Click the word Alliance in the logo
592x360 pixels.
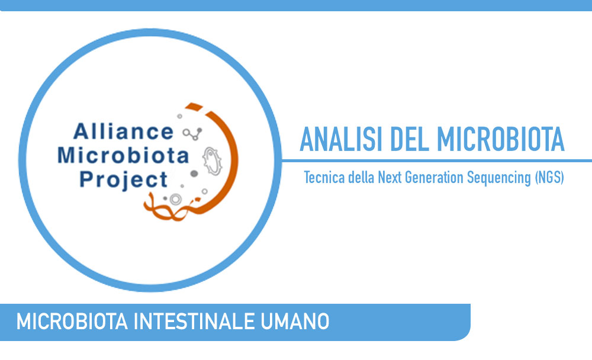pos(124,131)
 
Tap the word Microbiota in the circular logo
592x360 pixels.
pos(123,155)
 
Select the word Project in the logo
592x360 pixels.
pos(124,179)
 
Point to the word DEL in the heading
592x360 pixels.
pos(410,139)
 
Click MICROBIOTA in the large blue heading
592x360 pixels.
pos(501,139)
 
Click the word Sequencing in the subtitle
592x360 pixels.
pos(499,178)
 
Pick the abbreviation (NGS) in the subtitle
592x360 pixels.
pos(549,178)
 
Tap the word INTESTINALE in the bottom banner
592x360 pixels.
pos(194,322)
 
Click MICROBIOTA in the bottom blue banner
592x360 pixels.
pos(72,322)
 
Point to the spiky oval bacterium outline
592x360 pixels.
pos(212,161)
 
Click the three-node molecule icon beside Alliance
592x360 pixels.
pos(192,133)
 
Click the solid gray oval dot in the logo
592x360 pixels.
pos(194,173)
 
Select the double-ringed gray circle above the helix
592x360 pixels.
pos(175,199)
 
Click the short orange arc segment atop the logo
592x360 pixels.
pos(194,106)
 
